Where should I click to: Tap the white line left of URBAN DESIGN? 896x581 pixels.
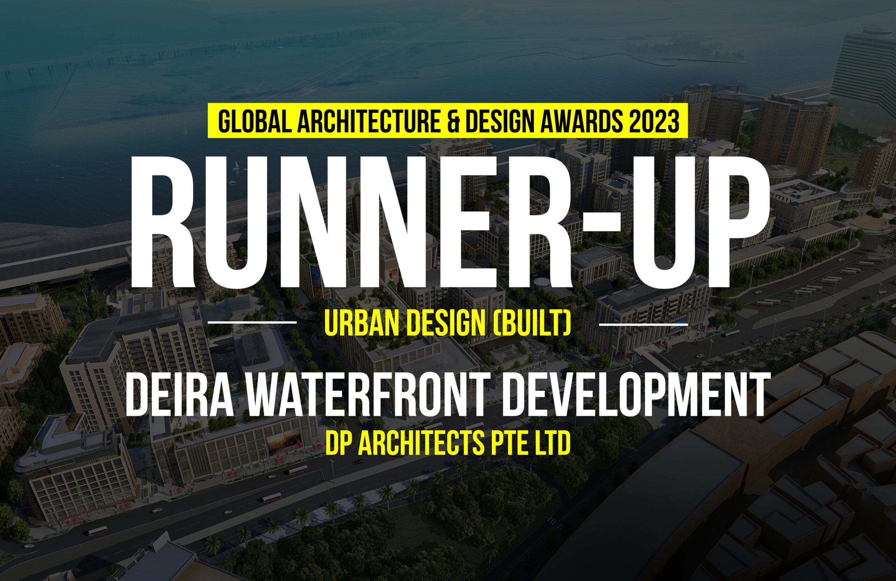click(x=252, y=323)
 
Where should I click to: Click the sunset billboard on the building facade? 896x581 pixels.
click(x=284, y=444)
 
